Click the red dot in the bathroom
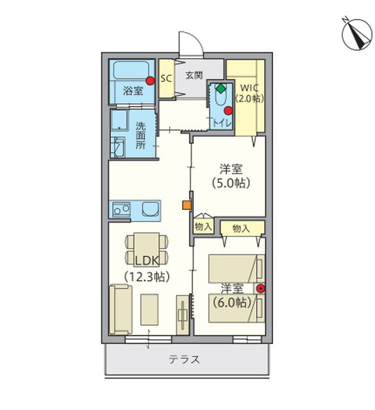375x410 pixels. coord(149,80)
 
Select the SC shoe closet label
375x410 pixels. coord(166,79)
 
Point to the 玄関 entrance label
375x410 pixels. coord(194,75)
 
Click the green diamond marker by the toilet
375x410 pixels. coord(219,87)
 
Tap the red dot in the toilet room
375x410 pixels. coord(229,107)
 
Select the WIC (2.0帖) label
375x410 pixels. coord(249,92)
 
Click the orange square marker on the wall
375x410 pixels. coord(185,204)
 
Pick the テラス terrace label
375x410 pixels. coord(184,360)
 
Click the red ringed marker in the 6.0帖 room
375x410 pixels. coord(260,288)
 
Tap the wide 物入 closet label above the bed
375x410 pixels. coord(240,228)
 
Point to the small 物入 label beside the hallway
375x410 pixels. coord(203,227)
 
